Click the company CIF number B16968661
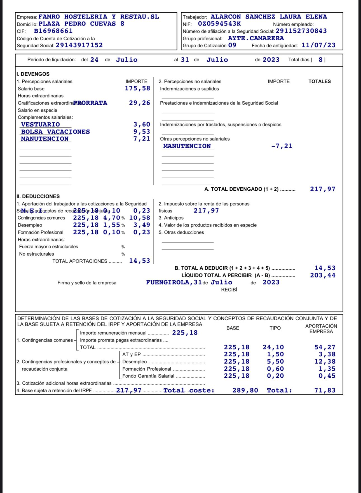(53, 31)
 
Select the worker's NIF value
(219, 24)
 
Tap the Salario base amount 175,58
(137, 89)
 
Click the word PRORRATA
(90, 103)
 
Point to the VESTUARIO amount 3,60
(142, 125)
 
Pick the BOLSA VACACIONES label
(55, 132)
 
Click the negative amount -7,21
(282, 146)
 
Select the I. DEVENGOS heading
(33, 74)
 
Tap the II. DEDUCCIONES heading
(38, 197)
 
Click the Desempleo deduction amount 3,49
(142, 225)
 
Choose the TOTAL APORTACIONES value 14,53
(139, 261)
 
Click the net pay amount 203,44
(322, 275)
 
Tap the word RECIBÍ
(229, 290)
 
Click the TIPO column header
(275, 328)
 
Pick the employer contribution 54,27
(325, 347)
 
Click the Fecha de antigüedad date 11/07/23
(318, 45)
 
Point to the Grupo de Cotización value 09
(232, 45)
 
